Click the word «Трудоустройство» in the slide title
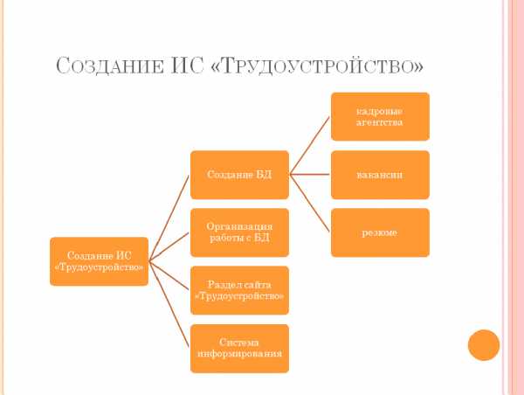click(x=317, y=66)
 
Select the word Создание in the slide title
click(x=110, y=66)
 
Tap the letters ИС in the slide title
click(x=187, y=66)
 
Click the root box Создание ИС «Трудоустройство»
click(x=99, y=261)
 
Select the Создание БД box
click(x=239, y=175)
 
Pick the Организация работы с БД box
click(x=239, y=232)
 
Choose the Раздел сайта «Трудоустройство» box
click(x=239, y=290)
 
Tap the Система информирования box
click(x=239, y=348)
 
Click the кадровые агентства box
click(x=380, y=117)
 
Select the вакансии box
click(x=380, y=175)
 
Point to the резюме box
click(x=380, y=232)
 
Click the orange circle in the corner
click(x=484, y=345)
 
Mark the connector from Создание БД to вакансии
click(x=310, y=174)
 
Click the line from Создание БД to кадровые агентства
click(x=310, y=145)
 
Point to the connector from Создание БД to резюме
click(x=310, y=203)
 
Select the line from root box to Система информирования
click(x=169, y=305)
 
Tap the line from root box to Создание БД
click(x=169, y=218)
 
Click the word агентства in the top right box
click(x=379, y=122)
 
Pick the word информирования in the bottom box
click(x=239, y=354)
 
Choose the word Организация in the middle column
click(x=239, y=226)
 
